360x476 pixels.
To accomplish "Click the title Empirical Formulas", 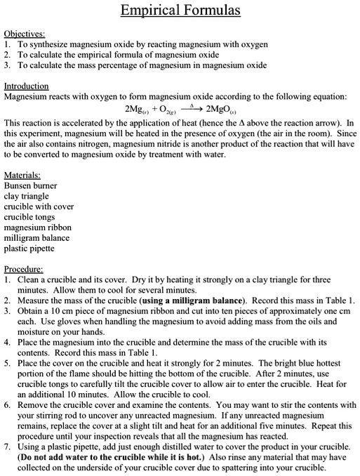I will coord(180,11).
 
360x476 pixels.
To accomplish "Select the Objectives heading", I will coord(25,32).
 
